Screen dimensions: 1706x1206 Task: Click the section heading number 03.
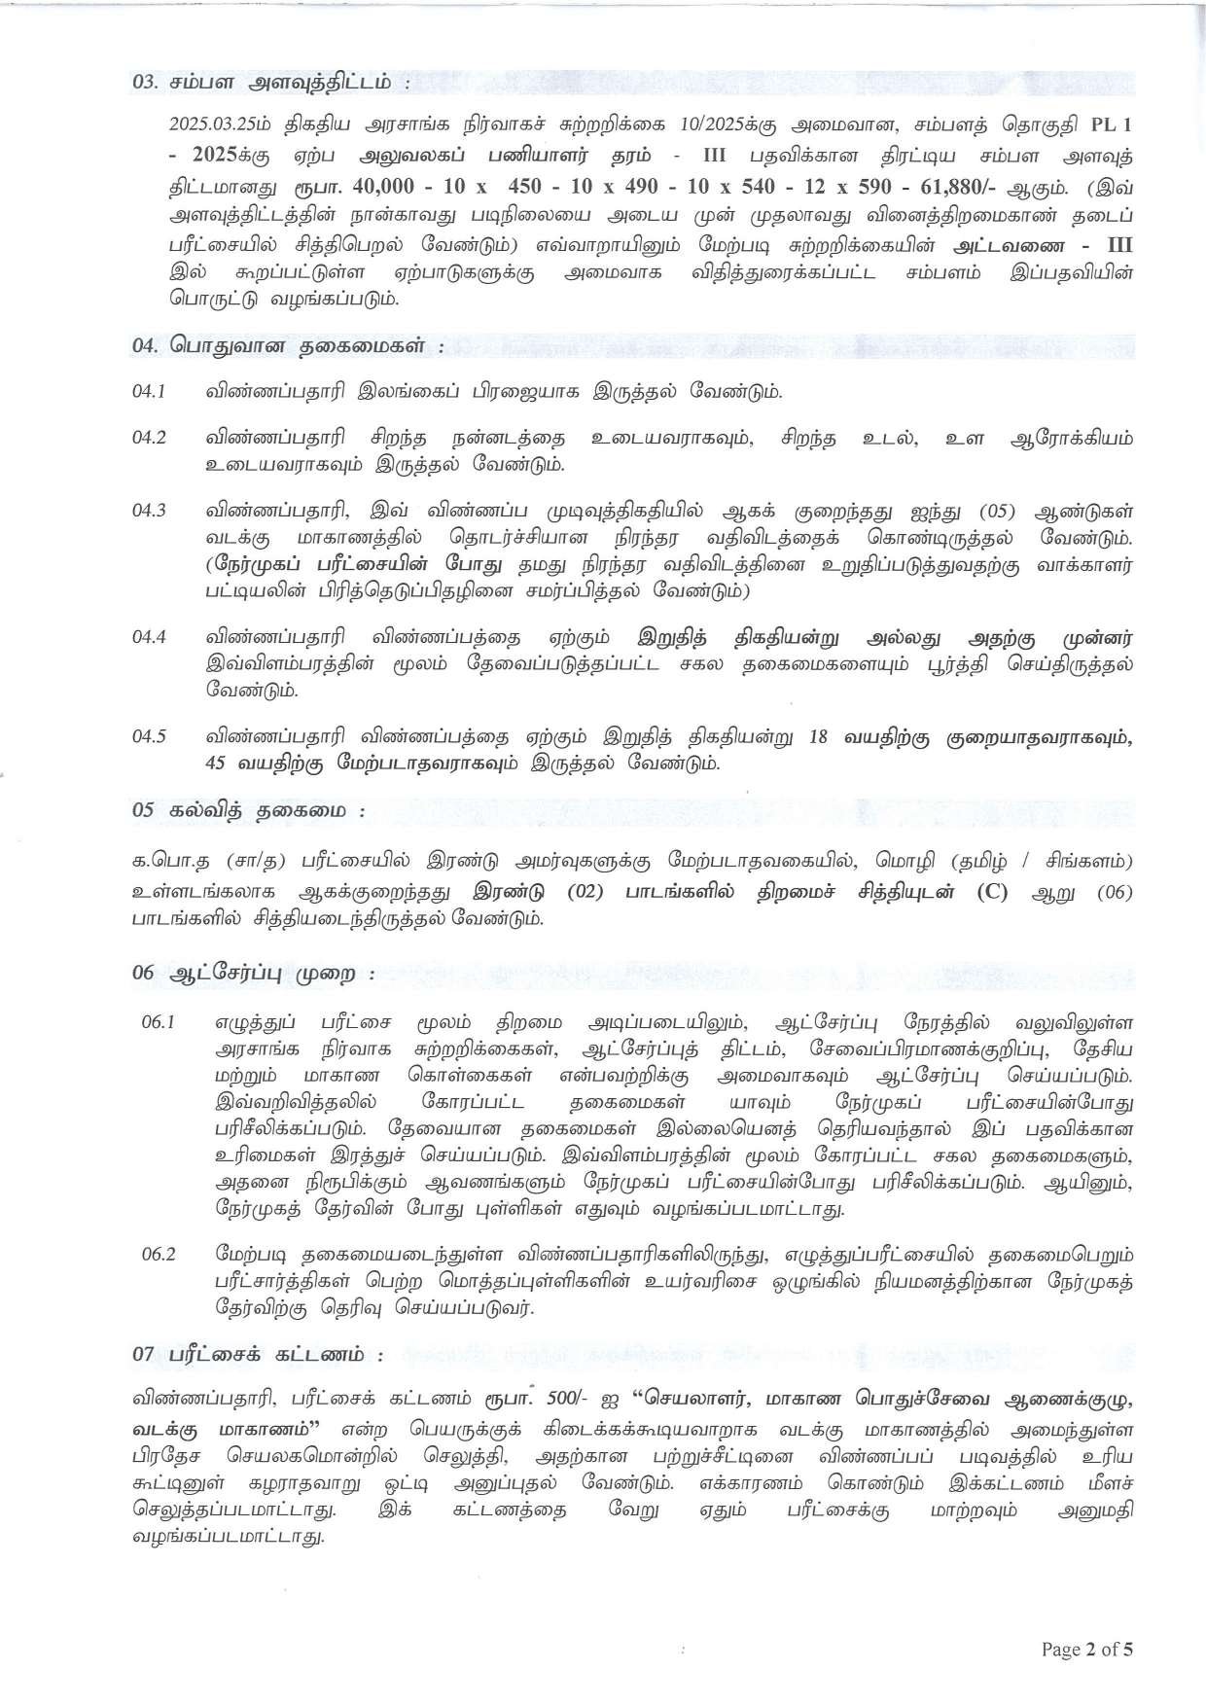[x=145, y=83]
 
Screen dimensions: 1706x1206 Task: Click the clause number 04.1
[x=150, y=391]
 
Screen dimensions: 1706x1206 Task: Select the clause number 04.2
[x=150, y=437]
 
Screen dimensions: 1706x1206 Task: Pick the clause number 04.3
[x=150, y=511]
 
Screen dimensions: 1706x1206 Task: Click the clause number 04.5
[x=150, y=736]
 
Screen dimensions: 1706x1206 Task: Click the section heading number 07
[x=145, y=1353]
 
